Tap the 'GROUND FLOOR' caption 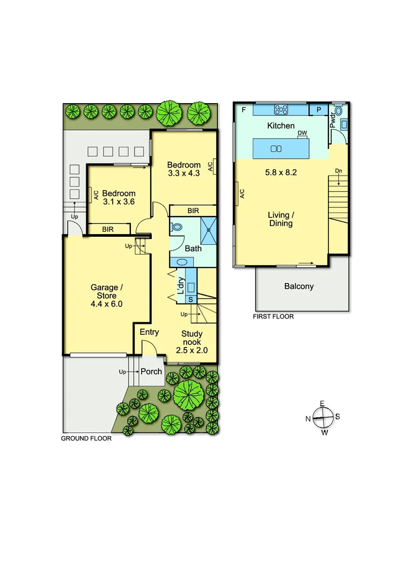pyautogui.click(x=86, y=438)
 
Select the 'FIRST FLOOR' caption pyautogui.click(x=273, y=317)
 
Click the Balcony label pyautogui.click(x=299, y=287)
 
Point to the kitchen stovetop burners pyautogui.click(x=281, y=110)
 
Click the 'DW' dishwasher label pyautogui.click(x=302, y=133)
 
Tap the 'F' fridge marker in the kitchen pyautogui.click(x=244, y=110)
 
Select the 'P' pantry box pyautogui.click(x=319, y=110)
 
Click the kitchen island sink pyautogui.click(x=276, y=149)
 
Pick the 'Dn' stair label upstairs pyautogui.click(x=338, y=171)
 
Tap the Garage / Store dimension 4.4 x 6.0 pyautogui.click(x=107, y=303)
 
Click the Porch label pyautogui.click(x=151, y=372)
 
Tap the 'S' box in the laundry pyautogui.click(x=191, y=299)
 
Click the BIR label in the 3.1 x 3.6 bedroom pyautogui.click(x=108, y=229)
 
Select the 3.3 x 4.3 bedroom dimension pyautogui.click(x=184, y=173)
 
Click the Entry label pyautogui.click(x=149, y=332)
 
